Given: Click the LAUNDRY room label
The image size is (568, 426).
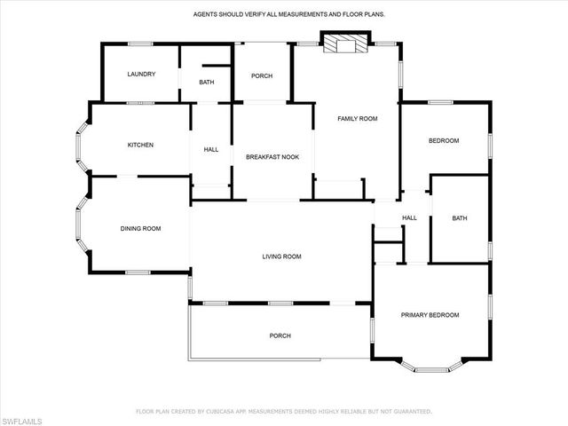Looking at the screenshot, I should pyautogui.click(x=141, y=75).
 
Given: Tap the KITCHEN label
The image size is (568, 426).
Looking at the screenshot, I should pyautogui.click(x=140, y=145).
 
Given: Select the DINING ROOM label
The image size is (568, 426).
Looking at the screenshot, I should pyautogui.click(x=140, y=229).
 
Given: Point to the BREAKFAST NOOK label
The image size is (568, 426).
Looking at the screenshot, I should pyautogui.click(x=272, y=157).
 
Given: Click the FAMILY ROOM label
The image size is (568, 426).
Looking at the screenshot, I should pyautogui.click(x=358, y=118).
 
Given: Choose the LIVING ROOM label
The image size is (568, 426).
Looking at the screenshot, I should pyautogui.click(x=281, y=256).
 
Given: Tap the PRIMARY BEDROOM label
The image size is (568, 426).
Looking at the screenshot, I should pyautogui.click(x=430, y=315).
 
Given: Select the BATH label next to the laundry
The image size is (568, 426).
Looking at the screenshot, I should pyautogui.click(x=206, y=83).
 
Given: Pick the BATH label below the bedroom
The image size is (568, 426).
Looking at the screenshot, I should pyautogui.click(x=459, y=217).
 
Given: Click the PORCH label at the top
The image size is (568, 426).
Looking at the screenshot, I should pyautogui.click(x=262, y=75).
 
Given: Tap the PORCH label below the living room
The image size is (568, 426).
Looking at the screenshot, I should pyautogui.click(x=280, y=335).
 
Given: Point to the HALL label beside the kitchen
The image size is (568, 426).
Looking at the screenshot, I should pyautogui.click(x=211, y=149).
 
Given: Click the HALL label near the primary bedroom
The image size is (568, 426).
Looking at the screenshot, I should pyautogui.click(x=409, y=217).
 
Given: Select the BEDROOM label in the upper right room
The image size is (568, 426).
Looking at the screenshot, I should pyautogui.click(x=444, y=141).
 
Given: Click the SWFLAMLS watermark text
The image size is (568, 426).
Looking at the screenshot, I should pyautogui.click(x=23, y=418).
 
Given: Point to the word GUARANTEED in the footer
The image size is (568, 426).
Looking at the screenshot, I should pyautogui.click(x=413, y=412).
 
